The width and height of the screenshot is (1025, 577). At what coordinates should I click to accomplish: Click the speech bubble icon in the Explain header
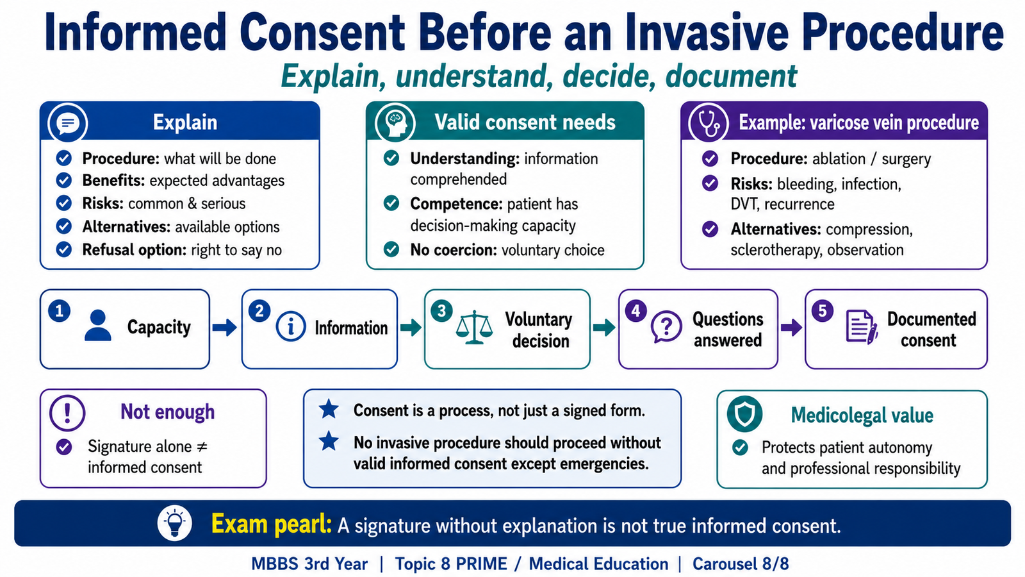point(68,123)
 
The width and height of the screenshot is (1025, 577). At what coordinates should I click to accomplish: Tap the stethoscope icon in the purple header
point(709,123)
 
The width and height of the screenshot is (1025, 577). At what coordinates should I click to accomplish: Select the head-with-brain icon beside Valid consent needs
point(395,123)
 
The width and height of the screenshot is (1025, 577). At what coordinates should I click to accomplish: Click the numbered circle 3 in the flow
point(441,312)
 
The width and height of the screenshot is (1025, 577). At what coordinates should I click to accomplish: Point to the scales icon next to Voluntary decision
point(475,327)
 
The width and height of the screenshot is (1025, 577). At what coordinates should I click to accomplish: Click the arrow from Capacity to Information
point(225,328)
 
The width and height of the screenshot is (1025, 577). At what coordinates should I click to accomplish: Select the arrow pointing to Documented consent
point(791,328)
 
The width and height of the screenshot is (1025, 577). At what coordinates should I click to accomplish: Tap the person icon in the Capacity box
point(98,326)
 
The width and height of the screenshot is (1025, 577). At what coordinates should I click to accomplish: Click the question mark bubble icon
point(666,326)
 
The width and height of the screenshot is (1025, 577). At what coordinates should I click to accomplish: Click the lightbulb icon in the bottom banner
point(175,523)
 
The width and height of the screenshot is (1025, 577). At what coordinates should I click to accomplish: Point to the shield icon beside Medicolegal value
point(744,414)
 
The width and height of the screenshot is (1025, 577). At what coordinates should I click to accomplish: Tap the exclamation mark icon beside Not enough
point(67,413)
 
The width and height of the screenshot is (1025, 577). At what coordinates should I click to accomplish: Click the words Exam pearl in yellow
point(272,524)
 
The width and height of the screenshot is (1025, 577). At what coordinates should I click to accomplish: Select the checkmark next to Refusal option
point(63,249)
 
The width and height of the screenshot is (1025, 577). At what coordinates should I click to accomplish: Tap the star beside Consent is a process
point(329,410)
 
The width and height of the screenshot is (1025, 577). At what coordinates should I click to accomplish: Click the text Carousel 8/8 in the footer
point(741,564)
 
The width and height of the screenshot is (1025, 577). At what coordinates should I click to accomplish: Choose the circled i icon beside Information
point(291,326)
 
